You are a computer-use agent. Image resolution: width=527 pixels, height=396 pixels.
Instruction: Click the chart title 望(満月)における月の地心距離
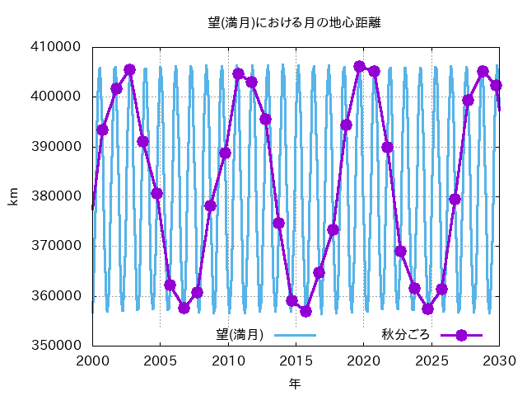pos(294,23)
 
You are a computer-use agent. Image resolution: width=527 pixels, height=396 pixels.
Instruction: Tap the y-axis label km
pos(13,196)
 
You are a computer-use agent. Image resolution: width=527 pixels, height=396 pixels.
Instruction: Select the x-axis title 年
pos(295,383)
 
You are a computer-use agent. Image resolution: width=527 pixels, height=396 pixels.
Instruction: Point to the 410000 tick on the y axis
pos(56,46)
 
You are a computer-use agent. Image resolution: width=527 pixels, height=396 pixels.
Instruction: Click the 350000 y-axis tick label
pos(57,345)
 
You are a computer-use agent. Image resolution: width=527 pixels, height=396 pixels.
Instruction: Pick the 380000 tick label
pos(57,196)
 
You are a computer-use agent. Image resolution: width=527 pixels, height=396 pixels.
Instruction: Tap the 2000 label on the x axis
pos(93,361)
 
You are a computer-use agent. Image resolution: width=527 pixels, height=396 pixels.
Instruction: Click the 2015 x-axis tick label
pos(296,361)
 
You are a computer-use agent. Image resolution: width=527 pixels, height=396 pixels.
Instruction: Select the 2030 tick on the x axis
pos(500,361)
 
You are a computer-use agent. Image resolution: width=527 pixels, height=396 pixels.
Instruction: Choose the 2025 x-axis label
pos(431,361)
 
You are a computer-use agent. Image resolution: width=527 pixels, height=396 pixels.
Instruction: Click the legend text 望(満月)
pos(240,335)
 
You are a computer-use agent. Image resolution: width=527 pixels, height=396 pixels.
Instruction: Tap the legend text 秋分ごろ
pos(406,335)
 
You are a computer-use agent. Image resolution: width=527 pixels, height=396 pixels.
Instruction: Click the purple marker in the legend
pos(461,335)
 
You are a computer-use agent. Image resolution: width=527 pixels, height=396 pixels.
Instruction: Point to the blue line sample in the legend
pos(295,335)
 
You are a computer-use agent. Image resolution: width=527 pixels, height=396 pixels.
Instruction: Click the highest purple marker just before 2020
pos(359,67)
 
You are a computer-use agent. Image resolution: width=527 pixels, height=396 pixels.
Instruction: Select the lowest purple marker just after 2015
pos(305,312)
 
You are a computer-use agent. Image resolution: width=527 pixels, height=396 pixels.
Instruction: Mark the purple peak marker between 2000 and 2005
pos(129,70)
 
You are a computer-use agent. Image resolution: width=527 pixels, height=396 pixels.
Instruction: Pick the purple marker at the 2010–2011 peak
pos(238,73)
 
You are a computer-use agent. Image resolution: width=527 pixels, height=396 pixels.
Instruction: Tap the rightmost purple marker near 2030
pos(496,86)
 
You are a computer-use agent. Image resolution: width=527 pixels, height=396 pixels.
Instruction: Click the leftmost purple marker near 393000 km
pos(102,130)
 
